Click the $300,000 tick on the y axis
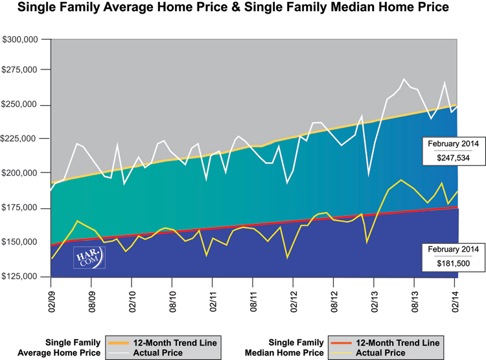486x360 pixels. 22,40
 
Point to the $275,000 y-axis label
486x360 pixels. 22,70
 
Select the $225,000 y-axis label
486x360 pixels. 22,139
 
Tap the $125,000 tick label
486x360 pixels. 22,277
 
